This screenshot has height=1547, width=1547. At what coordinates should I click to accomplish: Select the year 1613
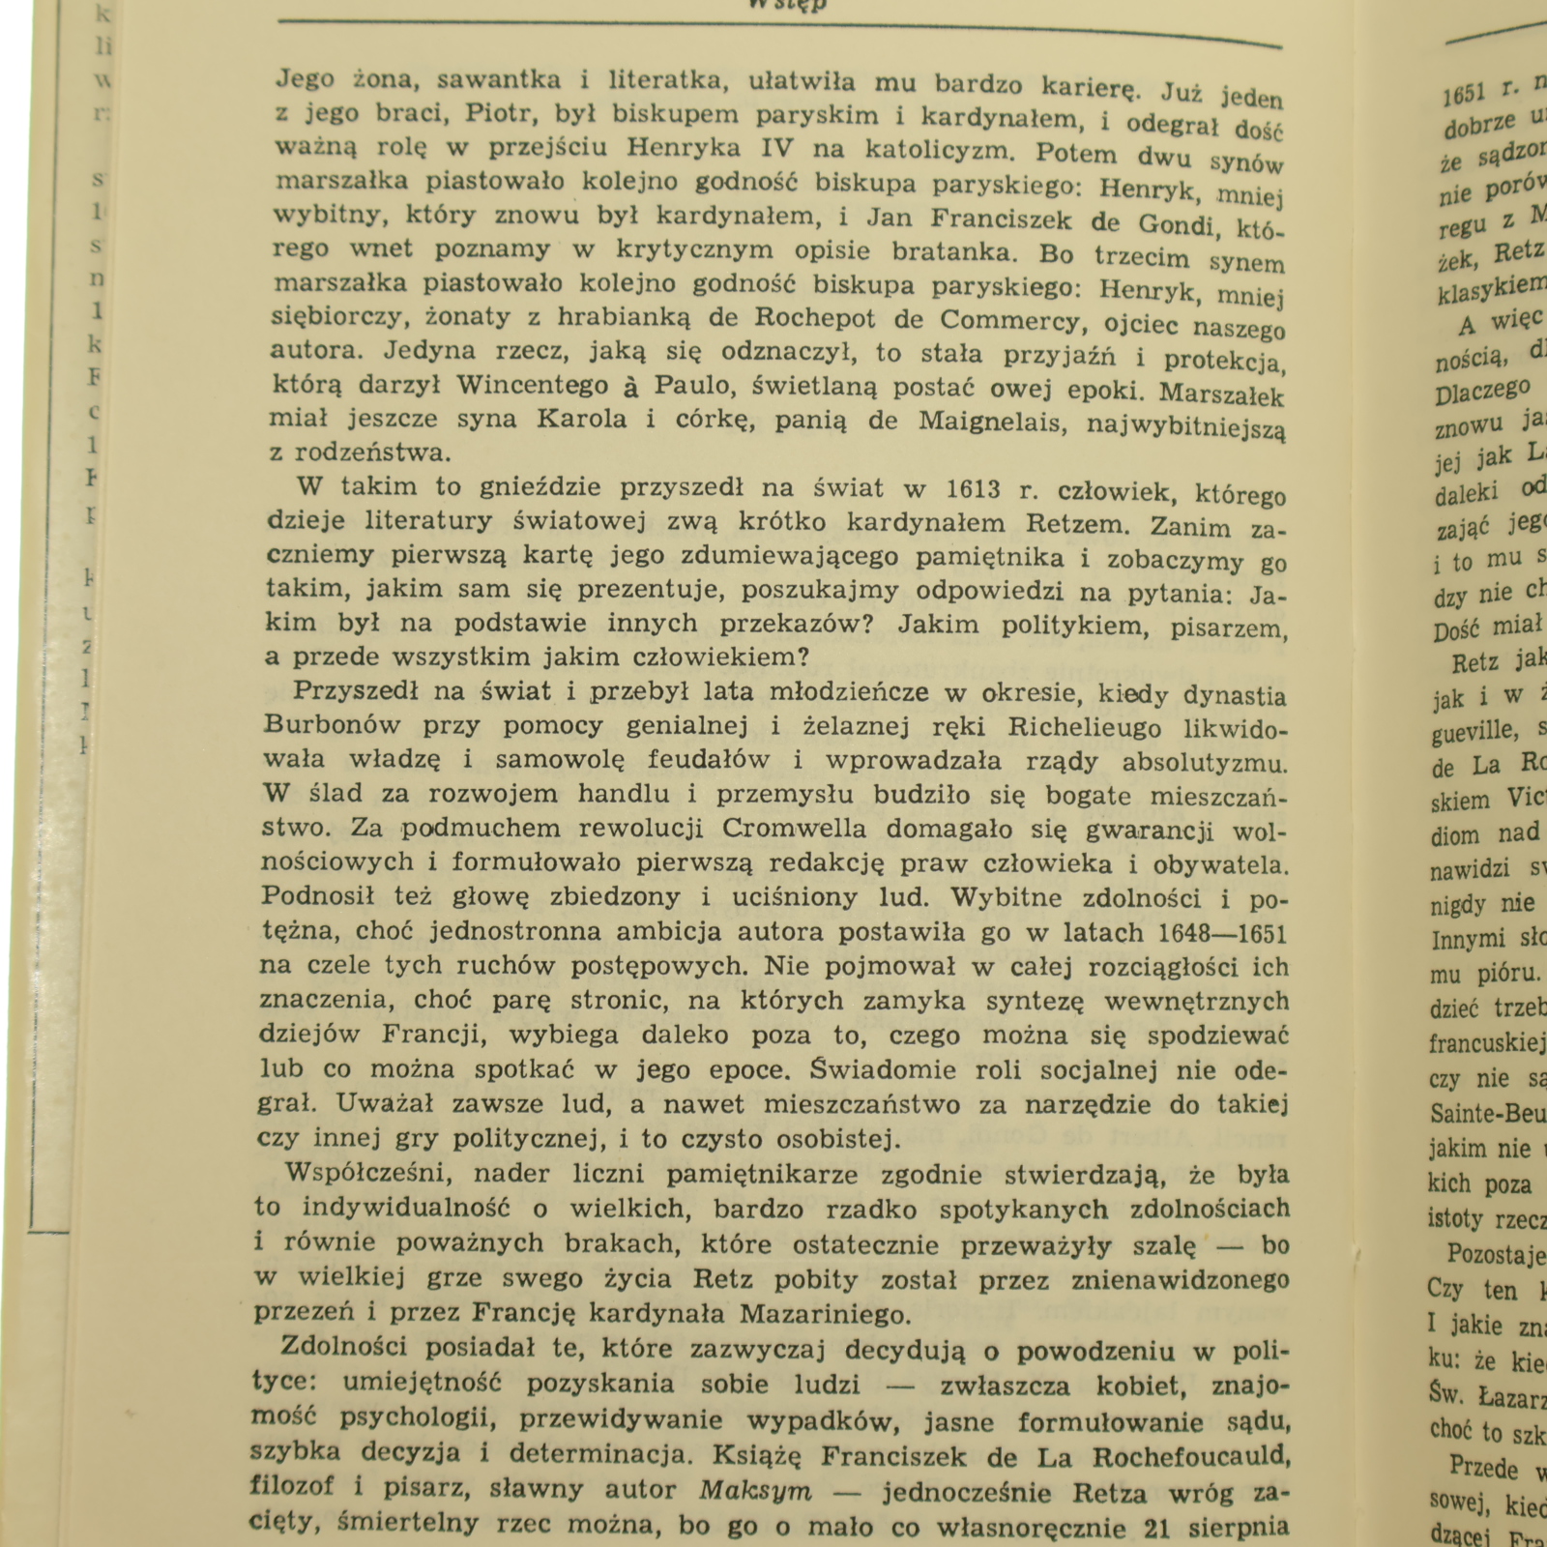tap(981, 489)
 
